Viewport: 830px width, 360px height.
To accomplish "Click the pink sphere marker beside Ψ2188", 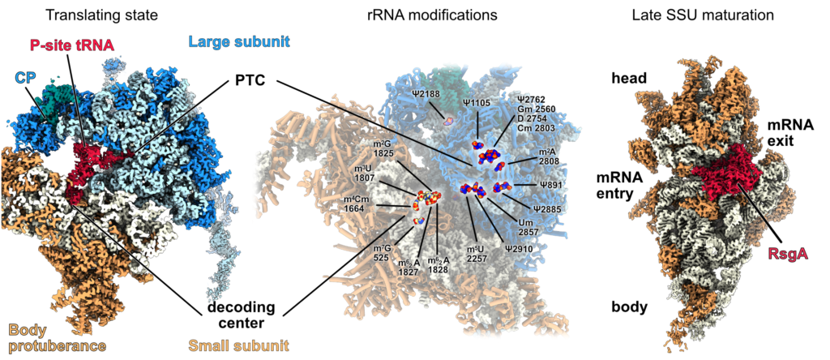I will click(x=447, y=121).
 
